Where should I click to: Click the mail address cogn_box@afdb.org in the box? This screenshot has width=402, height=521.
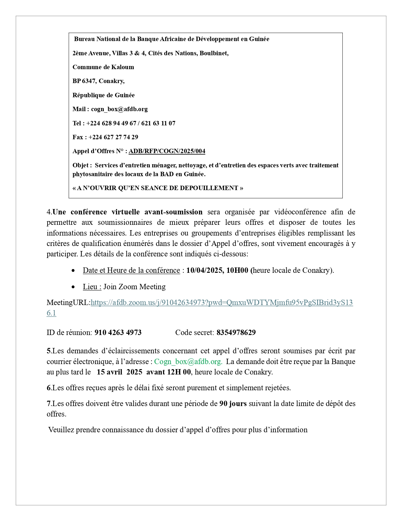pyautogui.click(x=119, y=109)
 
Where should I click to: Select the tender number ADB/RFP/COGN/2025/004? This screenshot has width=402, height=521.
pyautogui.click(x=167, y=151)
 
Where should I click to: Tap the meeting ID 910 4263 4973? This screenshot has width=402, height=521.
pyautogui.click(x=118, y=333)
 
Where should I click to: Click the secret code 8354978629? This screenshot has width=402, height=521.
pyautogui.click(x=236, y=333)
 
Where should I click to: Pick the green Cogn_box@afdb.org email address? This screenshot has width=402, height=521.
pyautogui.click(x=188, y=362)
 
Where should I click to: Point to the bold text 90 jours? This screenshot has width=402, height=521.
pyautogui.click(x=233, y=404)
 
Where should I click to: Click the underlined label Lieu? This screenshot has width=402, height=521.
pyautogui.click(x=92, y=287)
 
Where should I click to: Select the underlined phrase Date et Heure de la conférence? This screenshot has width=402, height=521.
pyautogui.click(x=131, y=271)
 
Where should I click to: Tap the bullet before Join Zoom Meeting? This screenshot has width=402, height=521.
pyautogui.click(x=73, y=287)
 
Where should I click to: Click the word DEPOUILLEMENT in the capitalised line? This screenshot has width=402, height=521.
pyautogui.click(x=209, y=188)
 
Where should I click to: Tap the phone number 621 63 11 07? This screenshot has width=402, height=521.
pyautogui.click(x=158, y=123)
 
